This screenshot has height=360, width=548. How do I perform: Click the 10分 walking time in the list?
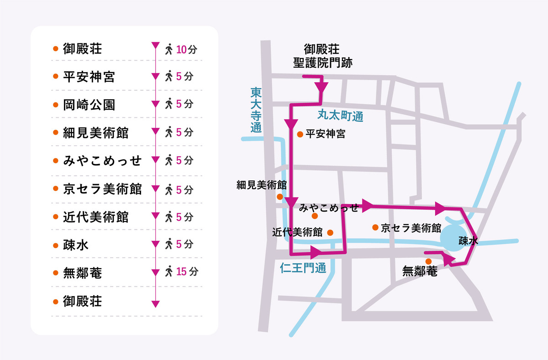pos(187,50)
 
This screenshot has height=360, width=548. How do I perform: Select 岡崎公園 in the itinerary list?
pos(89,105)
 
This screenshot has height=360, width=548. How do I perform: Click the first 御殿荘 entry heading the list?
pos(82,49)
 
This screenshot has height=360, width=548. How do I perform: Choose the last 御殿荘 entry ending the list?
pos(82,301)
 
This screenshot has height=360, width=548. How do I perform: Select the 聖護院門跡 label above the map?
pos(322,63)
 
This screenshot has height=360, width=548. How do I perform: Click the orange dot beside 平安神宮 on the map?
pos(300,134)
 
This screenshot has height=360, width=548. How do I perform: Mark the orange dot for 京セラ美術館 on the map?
pos(374,227)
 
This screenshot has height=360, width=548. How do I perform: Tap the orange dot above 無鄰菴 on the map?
pos(428,261)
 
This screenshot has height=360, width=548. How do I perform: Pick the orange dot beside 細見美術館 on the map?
pos(279,196)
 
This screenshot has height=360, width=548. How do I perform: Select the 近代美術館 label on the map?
pos(297,232)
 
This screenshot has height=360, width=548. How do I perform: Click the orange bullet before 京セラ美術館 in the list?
pos(55,189)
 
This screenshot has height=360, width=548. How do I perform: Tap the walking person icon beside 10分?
pos(169,49)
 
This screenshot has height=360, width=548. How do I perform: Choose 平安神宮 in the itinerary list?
pos(89,77)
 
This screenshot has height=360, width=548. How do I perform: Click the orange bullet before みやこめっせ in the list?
pos(55,161)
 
